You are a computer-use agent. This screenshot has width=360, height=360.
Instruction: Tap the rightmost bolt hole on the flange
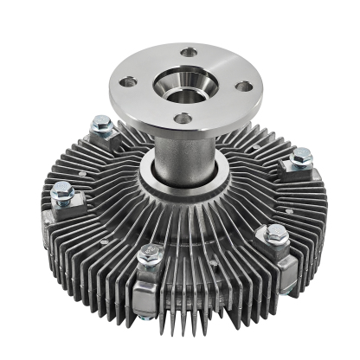pos(246,86)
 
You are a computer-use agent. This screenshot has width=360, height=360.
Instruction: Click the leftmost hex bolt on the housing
pos(61,191)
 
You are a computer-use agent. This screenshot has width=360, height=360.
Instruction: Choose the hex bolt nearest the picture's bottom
pos(150,255)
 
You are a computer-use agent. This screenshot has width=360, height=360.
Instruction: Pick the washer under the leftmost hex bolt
pos(62,201)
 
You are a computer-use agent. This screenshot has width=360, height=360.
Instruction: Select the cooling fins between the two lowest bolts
pos(212,260)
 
